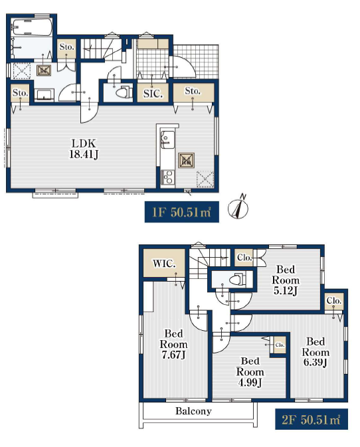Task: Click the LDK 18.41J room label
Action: tap(84, 149)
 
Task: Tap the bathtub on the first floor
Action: tap(32, 27)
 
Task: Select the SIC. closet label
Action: tap(153, 93)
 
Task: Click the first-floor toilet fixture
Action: tap(124, 92)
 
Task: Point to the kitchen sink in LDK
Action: tap(167, 139)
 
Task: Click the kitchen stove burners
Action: tap(167, 177)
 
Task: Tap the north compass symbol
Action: tap(238, 207)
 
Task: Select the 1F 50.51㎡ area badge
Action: tap(181, 212)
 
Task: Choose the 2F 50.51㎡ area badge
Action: tap(312, 419)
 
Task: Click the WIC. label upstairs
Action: tap(164, 264)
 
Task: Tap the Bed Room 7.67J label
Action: tap(173, 344)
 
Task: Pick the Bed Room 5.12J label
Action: tap(286, 280)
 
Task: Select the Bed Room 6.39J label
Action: tap(315, 352)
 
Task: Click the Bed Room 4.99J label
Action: tap(250, 372)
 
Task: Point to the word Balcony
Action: tap(193, 411)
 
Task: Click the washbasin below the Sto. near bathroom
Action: tap(45, 95)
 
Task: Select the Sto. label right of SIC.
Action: tap(193, 91)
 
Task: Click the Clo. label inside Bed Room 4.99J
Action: tap(280, 345)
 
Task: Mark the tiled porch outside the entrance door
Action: tap(196, 61)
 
